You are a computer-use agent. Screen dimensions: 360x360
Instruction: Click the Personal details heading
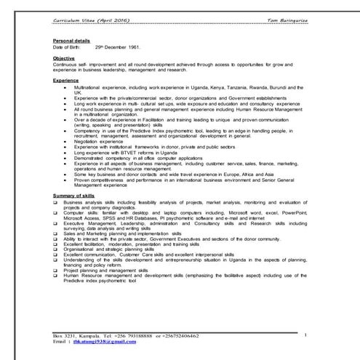(x=71, y=40)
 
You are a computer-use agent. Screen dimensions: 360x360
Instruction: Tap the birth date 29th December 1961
(x=119, y=46)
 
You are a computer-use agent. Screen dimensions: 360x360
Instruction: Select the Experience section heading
(x=67, y=80)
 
